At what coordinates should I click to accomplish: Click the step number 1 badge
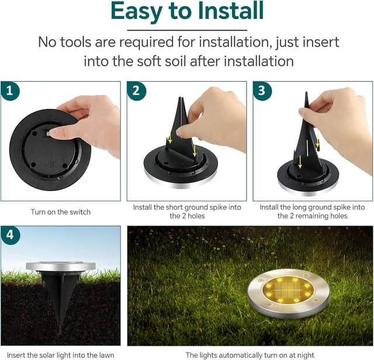coord(10,91)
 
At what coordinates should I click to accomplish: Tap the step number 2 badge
coord(136,91)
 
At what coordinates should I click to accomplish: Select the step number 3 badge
coord(262,91)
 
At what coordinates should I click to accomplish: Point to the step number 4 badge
coord(11,236)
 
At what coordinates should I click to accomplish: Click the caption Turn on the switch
coord(61,212)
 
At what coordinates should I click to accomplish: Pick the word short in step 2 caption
coord(174,207)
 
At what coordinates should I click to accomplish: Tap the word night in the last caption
coord(306,355)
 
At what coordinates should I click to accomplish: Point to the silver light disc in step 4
coord(61,266)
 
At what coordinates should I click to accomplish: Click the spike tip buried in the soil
coord(60,333)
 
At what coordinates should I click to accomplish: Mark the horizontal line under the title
coord(187,30)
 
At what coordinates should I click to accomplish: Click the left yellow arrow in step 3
coord(300,161)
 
